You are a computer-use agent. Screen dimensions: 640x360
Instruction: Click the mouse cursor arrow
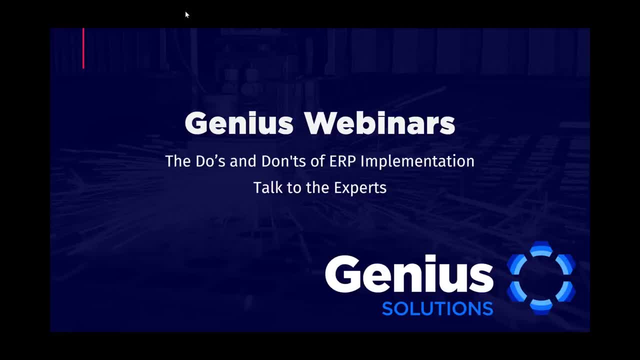[x=187, y=14]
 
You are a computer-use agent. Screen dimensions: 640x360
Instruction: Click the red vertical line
[x=83, y=48]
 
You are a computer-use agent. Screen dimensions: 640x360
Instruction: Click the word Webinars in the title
[x=379, y=123]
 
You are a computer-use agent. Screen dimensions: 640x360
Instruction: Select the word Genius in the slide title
[x=239, y=123]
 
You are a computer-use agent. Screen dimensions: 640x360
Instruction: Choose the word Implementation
[x=417, y=161]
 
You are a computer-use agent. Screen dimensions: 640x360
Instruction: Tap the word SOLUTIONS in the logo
[x=437, y=308]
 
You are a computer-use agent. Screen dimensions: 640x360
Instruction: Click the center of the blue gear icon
[x=541, y=278]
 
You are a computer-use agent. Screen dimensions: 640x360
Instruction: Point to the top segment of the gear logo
[x=541, y=248]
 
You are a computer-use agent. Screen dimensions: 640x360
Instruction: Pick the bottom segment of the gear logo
[x=541, y=307]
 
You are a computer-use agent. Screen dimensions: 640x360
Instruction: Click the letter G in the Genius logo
[x=343, y=273]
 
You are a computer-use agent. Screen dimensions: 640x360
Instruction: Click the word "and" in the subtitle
[x=243, y=161]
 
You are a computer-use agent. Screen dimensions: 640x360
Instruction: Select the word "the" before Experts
[x=317, y=187]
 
